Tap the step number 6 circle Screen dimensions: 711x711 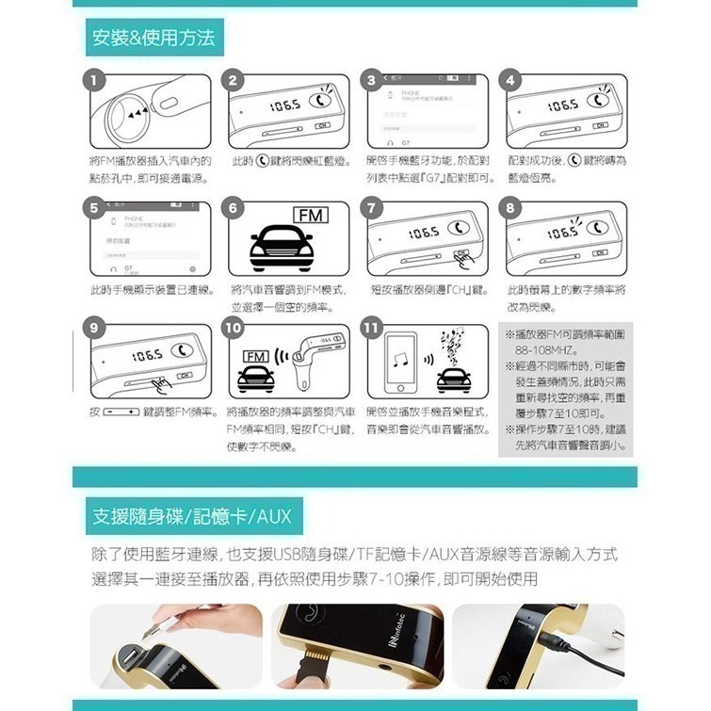[232, 207]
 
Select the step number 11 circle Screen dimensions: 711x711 [372, 329]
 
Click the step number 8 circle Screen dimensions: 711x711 [511, 207]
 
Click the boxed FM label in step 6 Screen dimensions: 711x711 [310, 218]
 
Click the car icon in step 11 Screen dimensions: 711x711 [455, 378]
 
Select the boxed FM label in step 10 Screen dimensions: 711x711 [254, 358]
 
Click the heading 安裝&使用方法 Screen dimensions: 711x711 [154, 38]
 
